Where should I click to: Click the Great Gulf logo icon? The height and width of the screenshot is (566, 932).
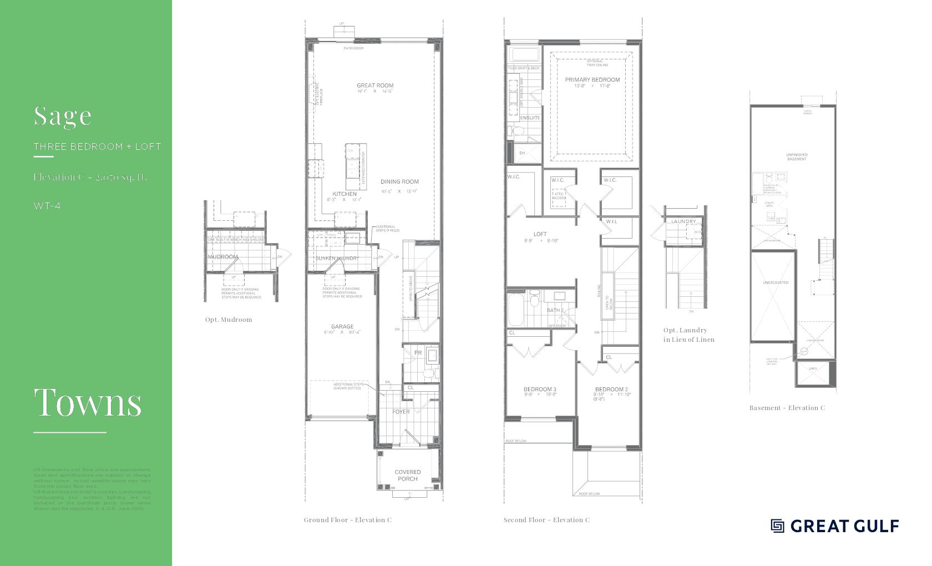point(777,525)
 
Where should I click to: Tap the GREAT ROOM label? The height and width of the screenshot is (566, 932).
point(375,85)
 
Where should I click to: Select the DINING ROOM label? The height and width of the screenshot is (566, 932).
point(399,181)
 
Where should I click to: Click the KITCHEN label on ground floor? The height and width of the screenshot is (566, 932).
point(345,194)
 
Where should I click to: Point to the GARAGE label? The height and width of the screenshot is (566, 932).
point(342,327)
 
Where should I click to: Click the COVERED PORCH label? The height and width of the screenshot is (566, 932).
point(408,476)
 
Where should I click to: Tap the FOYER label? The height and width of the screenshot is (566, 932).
point(401,412)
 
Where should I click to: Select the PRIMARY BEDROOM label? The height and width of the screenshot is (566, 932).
point(592,80)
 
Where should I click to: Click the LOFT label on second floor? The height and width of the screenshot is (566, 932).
point(540,234)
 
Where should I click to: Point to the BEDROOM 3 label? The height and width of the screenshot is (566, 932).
point(540,389)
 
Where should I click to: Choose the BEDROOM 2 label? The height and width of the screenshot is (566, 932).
point(611,389)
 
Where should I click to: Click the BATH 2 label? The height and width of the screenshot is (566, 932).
point(555,310)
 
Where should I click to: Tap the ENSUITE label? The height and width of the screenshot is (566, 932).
point(530,118)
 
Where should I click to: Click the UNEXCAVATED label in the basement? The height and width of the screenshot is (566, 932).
point(776,282)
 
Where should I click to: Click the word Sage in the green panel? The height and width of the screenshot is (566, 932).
point(63,115)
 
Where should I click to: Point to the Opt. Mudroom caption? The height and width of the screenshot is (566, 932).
point(229,320)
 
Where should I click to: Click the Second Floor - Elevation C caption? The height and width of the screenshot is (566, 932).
point(546,520)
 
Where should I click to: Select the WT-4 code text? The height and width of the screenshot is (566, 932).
point(47,206)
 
